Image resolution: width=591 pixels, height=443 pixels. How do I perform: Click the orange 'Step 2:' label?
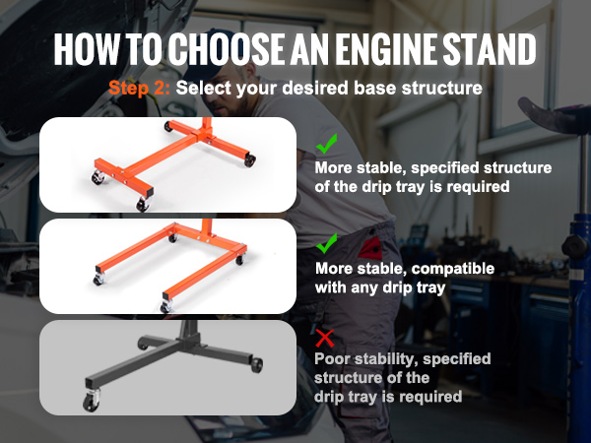(x=140, y=89)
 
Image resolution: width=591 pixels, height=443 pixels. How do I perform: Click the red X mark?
(x=324, y=338)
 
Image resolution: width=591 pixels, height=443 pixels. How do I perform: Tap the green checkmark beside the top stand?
(x=326, y=144)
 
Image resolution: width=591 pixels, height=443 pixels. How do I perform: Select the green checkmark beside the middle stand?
(x=326, y=243)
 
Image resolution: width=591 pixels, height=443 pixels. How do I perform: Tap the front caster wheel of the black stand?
(x=92, y=400)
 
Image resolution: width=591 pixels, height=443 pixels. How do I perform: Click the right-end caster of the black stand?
(x=257, y=364)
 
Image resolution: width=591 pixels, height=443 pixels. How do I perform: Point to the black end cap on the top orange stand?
(x=148, y=192)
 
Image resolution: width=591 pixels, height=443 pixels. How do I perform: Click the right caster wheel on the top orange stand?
(x=250, y=160)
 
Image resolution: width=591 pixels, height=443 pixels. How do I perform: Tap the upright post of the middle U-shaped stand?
(x=207, y=228)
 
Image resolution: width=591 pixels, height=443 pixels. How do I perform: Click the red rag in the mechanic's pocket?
(x=369, y=249)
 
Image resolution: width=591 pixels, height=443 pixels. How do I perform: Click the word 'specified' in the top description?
(x=443, y=168)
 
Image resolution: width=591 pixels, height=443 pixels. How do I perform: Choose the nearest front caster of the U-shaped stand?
(x=165, y=306)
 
